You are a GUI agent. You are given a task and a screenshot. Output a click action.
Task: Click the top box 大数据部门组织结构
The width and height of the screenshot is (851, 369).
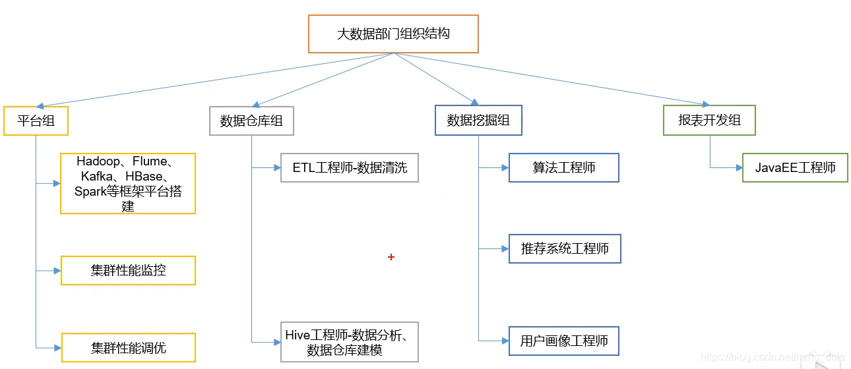coord(393,34)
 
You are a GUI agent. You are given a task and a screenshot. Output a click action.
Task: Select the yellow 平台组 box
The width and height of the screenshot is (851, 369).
coord(36,121)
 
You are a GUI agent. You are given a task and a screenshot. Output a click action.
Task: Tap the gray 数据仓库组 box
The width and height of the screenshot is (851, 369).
coord(251,121)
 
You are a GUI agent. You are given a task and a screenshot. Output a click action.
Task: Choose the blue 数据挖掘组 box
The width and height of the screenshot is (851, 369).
coord(478,120)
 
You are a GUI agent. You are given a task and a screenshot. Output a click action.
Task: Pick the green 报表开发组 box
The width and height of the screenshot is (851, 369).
coord(709,120)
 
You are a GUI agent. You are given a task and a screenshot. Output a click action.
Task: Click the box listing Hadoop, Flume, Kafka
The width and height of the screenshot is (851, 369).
coord(128,183)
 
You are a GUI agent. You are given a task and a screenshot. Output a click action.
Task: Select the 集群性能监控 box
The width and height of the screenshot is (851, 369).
coord(128,270)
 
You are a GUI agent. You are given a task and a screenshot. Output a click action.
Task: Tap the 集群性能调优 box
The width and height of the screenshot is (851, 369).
coord(128,347)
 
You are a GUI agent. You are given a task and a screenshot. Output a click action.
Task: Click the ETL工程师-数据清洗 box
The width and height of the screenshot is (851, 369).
coord(350,168)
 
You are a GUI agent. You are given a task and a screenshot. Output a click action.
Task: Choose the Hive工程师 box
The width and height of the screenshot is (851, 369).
coord(350,342)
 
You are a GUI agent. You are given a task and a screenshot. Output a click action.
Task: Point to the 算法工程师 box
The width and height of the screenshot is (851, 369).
coord(564,167)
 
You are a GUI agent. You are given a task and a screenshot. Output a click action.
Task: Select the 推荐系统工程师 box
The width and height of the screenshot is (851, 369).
coord(565,249)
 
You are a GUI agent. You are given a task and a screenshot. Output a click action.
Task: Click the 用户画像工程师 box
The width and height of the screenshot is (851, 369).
coord(564,341)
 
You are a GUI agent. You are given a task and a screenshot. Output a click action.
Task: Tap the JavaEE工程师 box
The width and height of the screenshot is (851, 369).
coord(795,167)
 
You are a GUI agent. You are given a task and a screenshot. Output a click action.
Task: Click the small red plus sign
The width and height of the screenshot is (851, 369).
coord(391,257)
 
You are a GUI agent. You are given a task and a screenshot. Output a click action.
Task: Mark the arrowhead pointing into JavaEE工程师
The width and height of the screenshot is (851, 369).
coord(738,168)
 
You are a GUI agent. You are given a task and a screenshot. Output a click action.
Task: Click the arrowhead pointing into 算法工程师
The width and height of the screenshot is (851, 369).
coord(505,168)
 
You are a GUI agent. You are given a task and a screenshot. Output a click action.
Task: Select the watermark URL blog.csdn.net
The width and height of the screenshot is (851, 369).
coord(772,357)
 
